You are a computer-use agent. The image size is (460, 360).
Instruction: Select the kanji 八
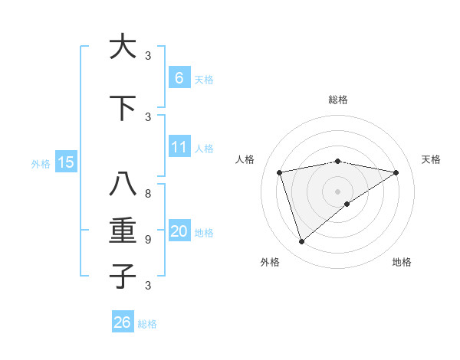point(123,185)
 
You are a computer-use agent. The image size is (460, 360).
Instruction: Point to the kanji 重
point(123,231)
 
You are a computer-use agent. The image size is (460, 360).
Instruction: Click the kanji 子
point(123,276)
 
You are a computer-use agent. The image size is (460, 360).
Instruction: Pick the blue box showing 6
point(179,77)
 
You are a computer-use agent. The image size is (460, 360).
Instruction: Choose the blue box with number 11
point(179,147)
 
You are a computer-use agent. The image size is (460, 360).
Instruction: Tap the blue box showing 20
point(179,231)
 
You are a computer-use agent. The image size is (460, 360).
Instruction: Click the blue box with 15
point(65,162)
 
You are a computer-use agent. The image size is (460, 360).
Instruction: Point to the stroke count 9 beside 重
point(148,240)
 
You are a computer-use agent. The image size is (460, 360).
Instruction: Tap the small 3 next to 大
point(148,55)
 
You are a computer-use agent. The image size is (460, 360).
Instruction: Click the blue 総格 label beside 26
point(147,324)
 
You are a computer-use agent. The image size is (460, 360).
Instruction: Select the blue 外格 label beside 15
point(41,163)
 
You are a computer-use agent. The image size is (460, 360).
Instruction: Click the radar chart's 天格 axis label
point(432,159)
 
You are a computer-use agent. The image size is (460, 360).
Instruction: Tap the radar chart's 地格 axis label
point(402,262)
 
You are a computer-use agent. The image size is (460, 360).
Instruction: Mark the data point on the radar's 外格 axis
point(301,242)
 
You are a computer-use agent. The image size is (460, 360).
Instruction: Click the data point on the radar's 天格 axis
point(396,172)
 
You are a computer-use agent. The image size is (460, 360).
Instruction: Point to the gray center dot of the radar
point(337,191)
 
